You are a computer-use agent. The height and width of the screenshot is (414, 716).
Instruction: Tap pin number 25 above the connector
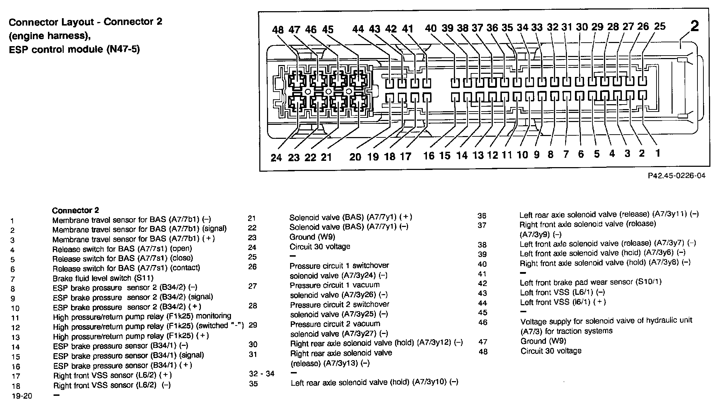(659, 26)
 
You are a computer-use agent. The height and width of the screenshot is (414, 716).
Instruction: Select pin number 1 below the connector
(658, 153)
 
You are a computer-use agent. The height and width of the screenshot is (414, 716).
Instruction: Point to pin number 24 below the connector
(276, 158)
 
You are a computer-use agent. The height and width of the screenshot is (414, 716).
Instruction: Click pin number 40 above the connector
(431, 28)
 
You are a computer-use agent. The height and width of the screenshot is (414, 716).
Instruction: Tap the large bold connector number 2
(694, 26)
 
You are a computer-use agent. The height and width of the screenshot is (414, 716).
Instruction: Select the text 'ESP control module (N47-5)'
(74, 50)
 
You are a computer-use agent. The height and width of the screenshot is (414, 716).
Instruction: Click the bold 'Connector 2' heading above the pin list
(75, 210)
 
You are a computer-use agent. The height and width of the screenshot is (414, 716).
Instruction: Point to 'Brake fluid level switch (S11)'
(103, 278)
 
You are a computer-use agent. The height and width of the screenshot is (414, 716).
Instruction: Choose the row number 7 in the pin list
(13, 279)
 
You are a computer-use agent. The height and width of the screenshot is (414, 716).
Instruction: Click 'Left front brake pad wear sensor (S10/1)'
(590, 282)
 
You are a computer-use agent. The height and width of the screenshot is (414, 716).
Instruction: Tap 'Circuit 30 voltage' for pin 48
(551, 351)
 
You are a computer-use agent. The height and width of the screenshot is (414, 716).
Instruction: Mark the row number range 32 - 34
(261, 373)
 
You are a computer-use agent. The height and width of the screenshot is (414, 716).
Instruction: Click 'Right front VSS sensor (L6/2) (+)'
(112, 375)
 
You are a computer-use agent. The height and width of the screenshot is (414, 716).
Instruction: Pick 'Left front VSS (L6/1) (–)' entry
(562, 292)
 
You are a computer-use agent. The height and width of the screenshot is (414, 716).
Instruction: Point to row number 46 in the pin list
(483, 322)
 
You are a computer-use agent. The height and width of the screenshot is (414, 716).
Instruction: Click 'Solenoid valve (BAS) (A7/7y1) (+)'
(351, 217)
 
